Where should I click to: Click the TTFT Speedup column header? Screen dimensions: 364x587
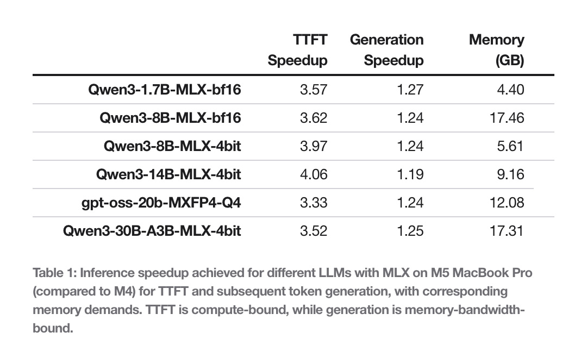(x=297, y=49)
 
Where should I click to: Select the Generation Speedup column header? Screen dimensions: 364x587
(x=386, y=49)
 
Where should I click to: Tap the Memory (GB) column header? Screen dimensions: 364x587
(x=496, y=49)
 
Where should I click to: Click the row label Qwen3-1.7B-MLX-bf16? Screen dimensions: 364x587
(x=164, y=89)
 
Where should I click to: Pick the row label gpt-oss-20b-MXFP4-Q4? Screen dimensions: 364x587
(x=161, y=203)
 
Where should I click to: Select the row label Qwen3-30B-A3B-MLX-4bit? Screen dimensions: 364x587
(x=152, y=231)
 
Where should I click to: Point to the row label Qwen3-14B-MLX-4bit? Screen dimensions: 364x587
(x=168, y=174)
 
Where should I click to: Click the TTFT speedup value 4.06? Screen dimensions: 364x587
(x=314, y=174)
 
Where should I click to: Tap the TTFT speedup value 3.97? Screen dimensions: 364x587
(x=314, y=146)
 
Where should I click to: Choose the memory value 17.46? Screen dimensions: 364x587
(x=507, y=118)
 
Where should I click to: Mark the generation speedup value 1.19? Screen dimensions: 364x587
(x=410, y=174)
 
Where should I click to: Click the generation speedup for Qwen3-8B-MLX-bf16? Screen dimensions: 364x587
(x=410, y=118)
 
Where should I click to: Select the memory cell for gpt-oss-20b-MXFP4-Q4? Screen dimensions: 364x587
(x=507, y=203)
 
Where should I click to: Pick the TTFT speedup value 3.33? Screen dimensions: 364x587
(x=314, y=203)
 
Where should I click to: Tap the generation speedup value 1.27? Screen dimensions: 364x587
(x=410, y=89)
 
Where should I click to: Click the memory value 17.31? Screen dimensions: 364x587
(x=507, y=231)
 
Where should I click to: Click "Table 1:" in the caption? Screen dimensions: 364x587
(x=54, y=273)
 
